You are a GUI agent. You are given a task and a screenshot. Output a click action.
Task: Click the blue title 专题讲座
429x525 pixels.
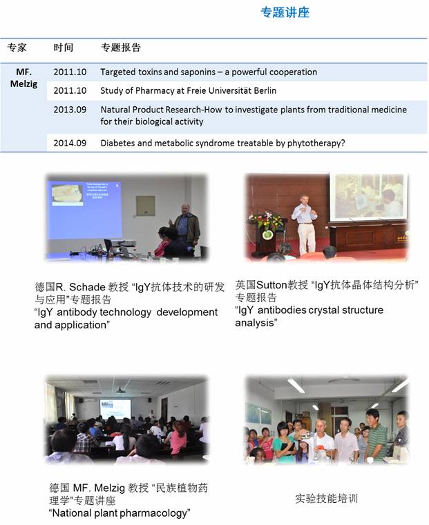click(x=285, y=12)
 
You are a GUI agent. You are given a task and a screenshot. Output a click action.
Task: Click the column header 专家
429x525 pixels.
click(x=17, y=48)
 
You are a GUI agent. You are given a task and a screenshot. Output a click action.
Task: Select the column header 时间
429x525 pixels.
click(x=64, y=48)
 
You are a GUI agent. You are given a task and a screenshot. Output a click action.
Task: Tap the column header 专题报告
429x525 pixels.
click(x=121, y=48)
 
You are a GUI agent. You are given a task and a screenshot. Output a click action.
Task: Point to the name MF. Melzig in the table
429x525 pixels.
click(x=23, y=78)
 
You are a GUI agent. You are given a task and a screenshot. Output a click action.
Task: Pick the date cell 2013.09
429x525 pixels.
click(x=70, y=110)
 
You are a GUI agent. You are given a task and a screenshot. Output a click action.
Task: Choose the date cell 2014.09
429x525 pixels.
click(x=70, y=143)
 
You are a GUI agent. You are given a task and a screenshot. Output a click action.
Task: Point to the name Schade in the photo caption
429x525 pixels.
click(x=87, y=287)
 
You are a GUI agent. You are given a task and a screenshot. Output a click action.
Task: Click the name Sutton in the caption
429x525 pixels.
click(x=271, y=285)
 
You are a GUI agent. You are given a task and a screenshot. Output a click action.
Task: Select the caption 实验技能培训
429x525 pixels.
click(x=327, y=499)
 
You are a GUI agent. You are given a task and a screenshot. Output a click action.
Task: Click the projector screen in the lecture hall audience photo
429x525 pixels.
click(x=115, y=408)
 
